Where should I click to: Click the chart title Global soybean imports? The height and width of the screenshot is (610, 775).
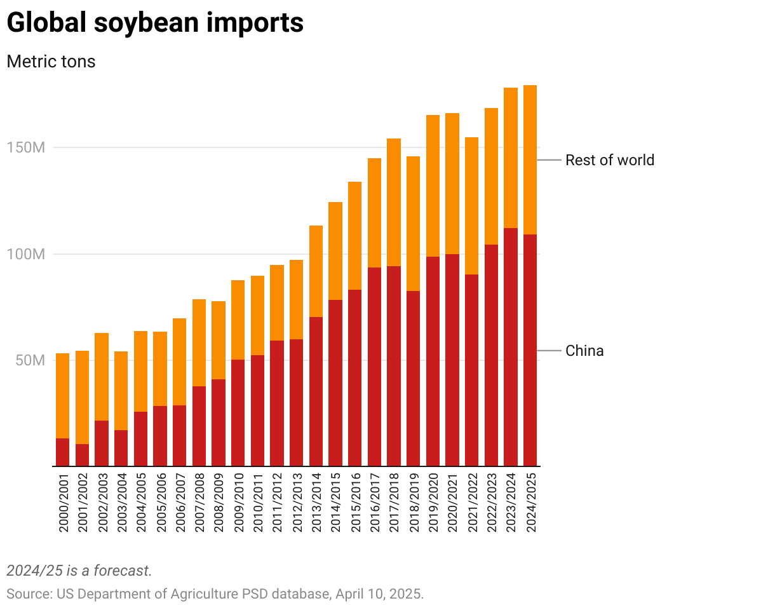pos(155,24)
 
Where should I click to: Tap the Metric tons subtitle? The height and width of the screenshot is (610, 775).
pos(51,62)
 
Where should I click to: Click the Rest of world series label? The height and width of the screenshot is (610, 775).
pos(609,160)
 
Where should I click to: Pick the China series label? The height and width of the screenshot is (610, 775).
pos(584,351)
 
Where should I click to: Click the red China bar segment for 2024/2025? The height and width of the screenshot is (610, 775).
pos(530,349)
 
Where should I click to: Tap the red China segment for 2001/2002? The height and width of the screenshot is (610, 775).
pos(82,455)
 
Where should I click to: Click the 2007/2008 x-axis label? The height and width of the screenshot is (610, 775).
pos(199,502)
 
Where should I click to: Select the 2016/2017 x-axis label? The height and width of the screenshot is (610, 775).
pos(374,502)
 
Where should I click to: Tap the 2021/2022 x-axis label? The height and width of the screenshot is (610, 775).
pos(471,502)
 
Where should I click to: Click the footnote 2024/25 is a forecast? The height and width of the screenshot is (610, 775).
pos(79,571)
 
